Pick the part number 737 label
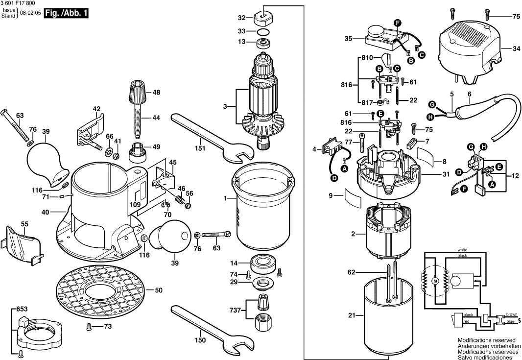click(x=236, y=310)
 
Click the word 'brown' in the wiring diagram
click(x=511, y=314)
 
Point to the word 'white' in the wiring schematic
click(x=462, y=250)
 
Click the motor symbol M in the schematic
click(x=434, y=280)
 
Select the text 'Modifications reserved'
click(x=486, y=339)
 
